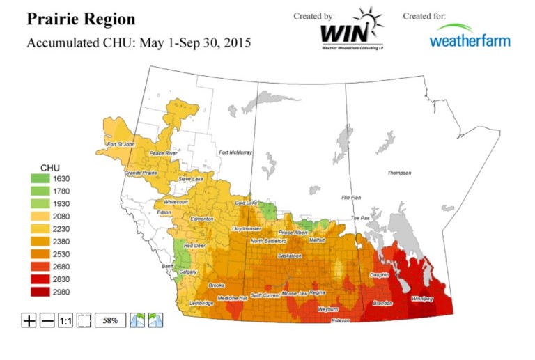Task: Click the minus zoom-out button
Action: click(47, 321)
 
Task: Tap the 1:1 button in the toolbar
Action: click(65, 321)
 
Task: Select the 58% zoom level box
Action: click(110, 321)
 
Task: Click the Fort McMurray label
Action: click(235, 152)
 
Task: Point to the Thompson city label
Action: click(399, 173)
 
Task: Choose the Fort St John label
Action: click(120, 145)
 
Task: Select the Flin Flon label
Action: click(354, 198)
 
